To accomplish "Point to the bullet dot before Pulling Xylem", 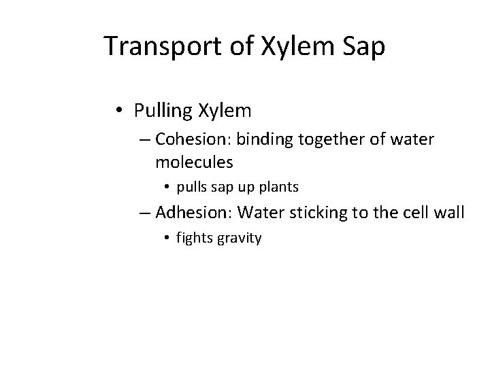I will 120,110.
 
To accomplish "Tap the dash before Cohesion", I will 145,141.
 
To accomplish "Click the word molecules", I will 194,162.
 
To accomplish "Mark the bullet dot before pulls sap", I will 167,186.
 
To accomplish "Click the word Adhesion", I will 195,213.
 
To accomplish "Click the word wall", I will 449,213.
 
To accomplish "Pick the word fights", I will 194,239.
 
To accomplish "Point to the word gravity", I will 239,239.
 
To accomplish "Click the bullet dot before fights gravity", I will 167,239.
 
